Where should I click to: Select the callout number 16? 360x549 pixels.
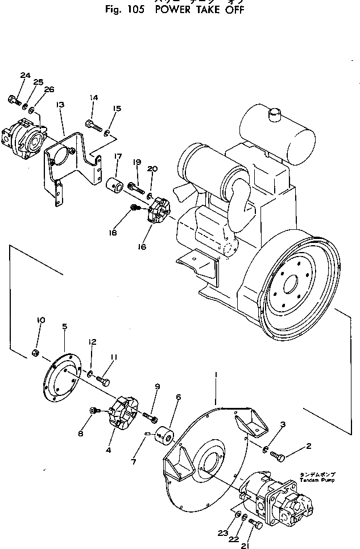click(142, 247)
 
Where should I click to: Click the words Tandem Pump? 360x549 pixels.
click(318, 480)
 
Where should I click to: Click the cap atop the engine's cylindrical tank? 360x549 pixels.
click(275, 114)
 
